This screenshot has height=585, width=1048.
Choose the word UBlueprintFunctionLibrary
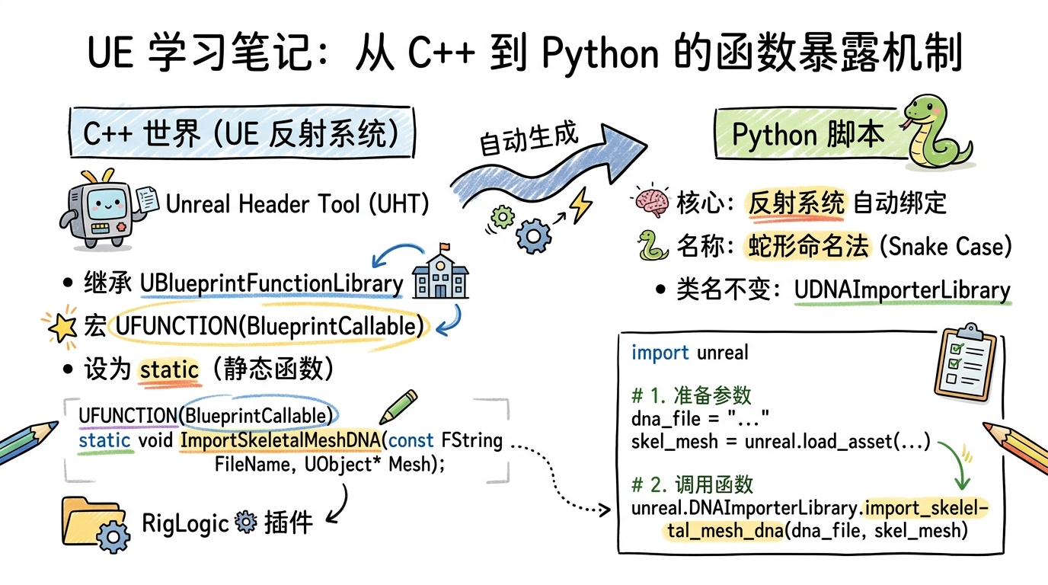tap(272, 284)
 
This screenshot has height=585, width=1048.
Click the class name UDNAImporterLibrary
tap(902, 290)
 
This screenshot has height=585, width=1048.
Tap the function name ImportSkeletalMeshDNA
tap(281, 440)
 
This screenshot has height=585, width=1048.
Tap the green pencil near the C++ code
tap(398, 407)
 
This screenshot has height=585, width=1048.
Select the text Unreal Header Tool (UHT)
tap(297, 203)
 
